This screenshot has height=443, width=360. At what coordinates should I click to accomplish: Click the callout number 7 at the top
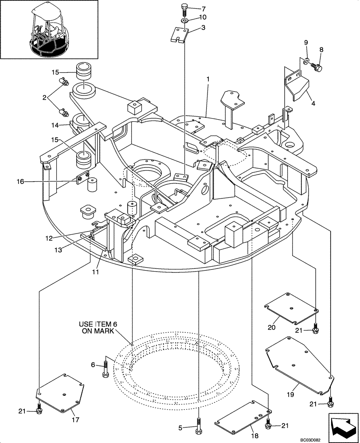pos(203,9)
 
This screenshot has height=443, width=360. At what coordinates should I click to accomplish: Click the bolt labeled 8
pos(318,67)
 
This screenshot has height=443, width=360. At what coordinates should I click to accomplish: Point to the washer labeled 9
pos(306,60)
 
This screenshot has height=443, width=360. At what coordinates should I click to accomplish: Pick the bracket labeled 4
pos(297,87)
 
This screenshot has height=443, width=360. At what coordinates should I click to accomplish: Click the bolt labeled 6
pos(106,368)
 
